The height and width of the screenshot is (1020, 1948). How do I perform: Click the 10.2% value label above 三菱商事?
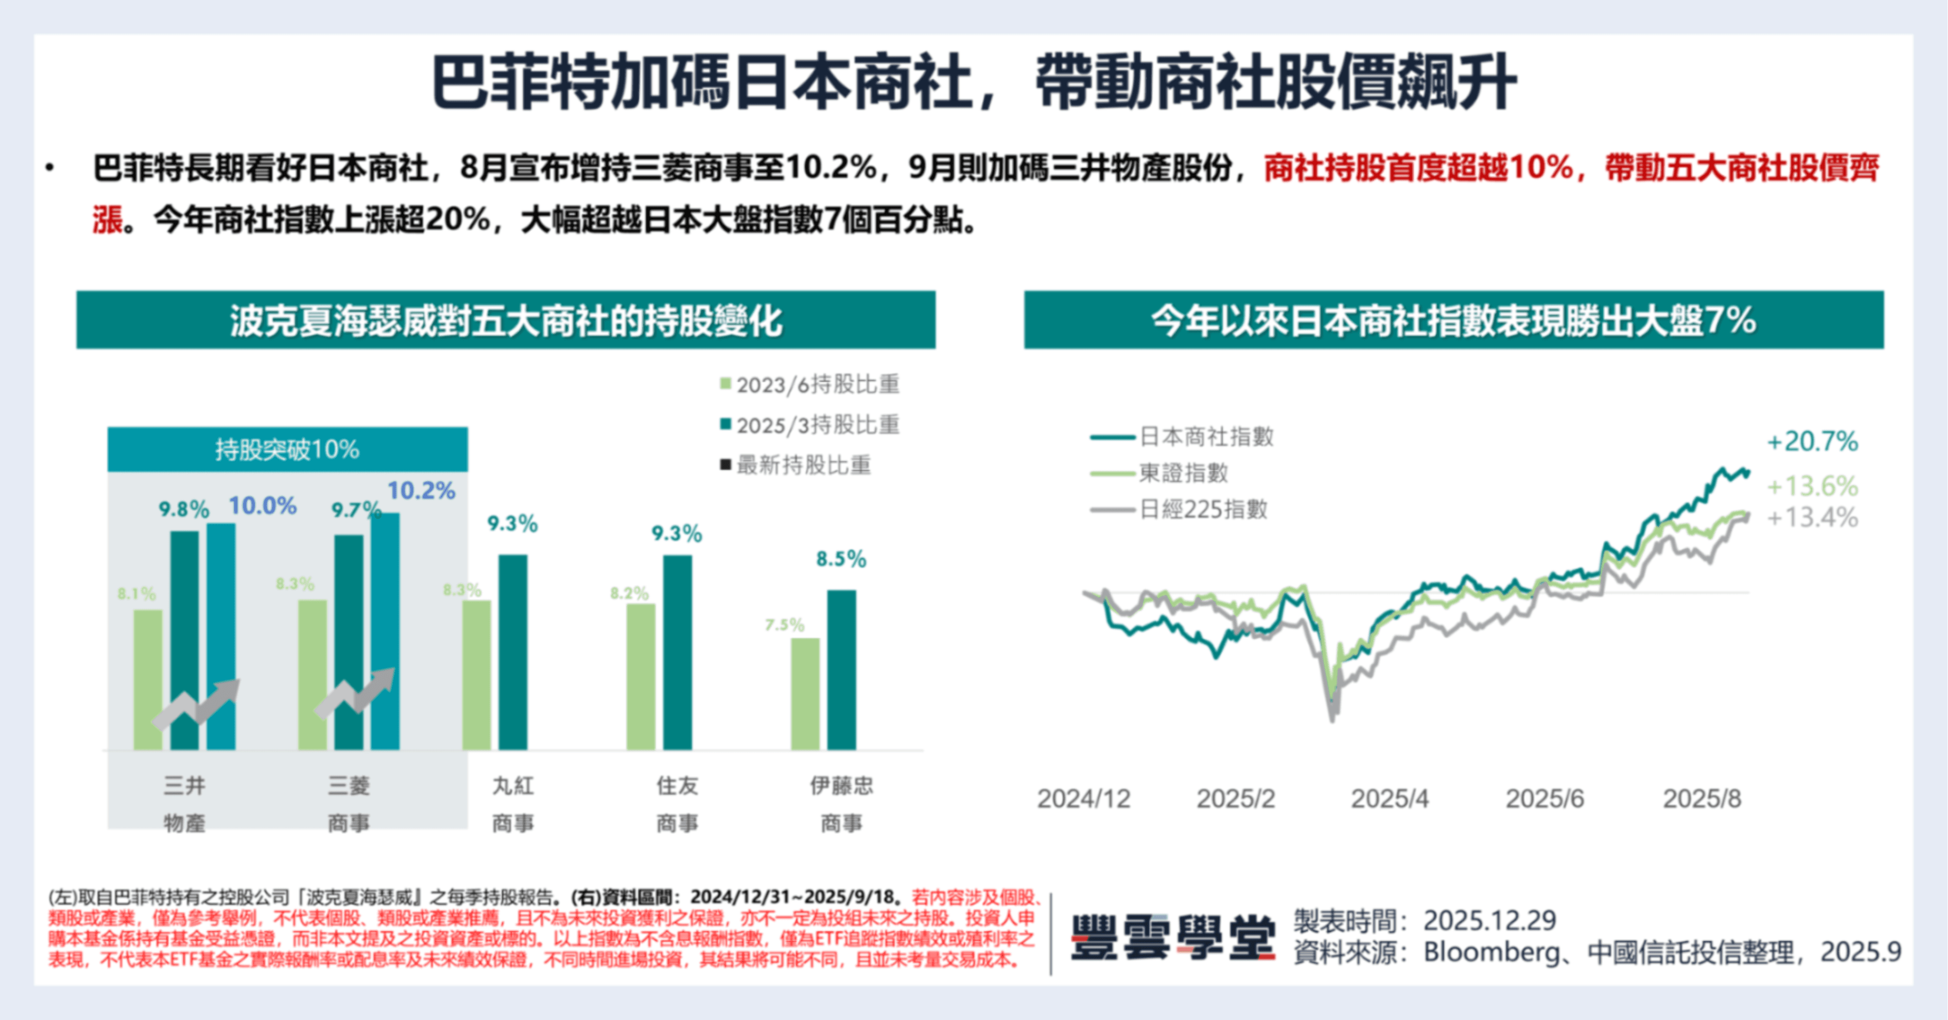click(x=421, y=491)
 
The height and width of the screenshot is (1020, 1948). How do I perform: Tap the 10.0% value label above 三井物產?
click(x=262, y=506)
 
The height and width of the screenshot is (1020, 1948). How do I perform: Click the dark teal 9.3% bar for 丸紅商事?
click(x=513, y=652)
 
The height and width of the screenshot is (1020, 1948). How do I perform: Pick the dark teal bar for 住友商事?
click(x=678, y=652)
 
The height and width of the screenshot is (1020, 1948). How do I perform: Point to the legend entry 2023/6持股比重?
click(x=811, y=385)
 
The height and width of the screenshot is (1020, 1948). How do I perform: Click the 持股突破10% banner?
click(x=287, y=450)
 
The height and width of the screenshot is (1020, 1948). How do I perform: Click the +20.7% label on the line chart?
click(x=1812, y=442)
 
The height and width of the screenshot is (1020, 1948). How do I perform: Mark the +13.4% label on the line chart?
click(x=1812, y=518)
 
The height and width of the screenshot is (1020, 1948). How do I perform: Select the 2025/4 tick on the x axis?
click(x=1390, y=798)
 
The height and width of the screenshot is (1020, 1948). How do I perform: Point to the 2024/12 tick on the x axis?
click(x=1084, y=798)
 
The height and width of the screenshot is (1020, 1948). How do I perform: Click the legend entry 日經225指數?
click(x=1202, y=510)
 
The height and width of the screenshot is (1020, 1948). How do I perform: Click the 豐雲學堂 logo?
click(x=1173, y=937)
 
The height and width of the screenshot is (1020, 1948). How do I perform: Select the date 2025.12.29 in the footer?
click(x=1489, y=920)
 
